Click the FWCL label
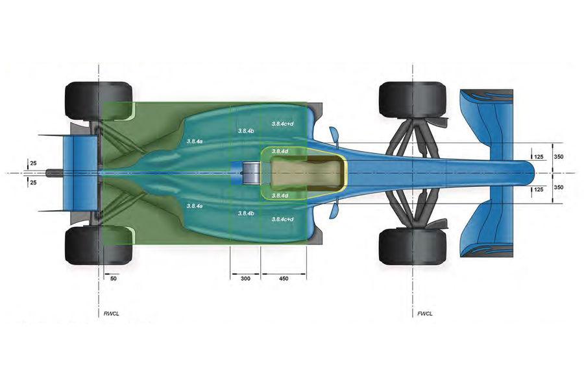(x=425, y=314)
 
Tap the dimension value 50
(x=114, y=277)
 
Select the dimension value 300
(x=245, y=277)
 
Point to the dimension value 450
(x=283, y=277)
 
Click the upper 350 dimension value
(x=559, y=156)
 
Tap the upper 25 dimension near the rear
(x=33, y=162)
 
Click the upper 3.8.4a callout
(x=194, y=140)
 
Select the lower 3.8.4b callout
(x=246, y=213)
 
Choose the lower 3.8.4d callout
(x=280, y=195)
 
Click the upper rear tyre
(x=99, y=100)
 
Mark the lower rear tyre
(x=99, y=244)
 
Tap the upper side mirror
(x=334, y=134)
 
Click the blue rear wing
(x=79, y=172)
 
